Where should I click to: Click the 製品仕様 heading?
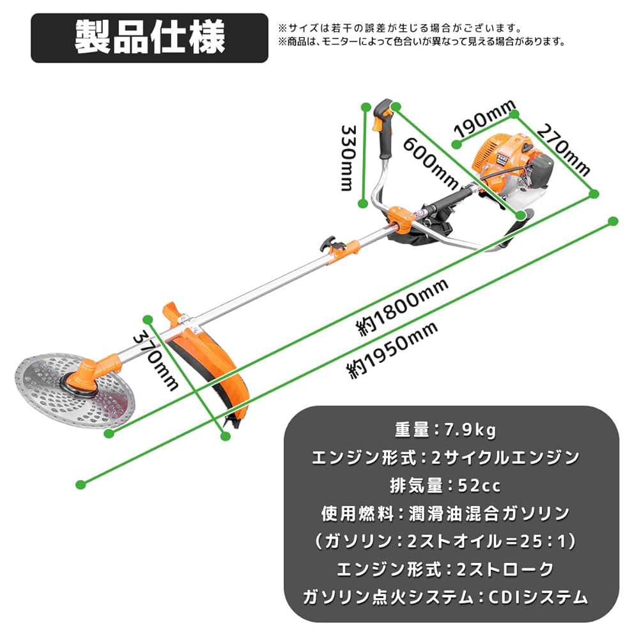pos(150,38)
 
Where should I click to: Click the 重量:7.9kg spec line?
pos(445,430)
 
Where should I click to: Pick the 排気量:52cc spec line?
pos(445,486)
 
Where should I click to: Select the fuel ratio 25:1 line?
pos(445,541)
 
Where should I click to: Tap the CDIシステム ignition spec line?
pos(445,597)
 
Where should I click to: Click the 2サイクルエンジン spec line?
pos(445,458)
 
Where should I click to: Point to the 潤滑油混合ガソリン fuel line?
pos(445,513)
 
